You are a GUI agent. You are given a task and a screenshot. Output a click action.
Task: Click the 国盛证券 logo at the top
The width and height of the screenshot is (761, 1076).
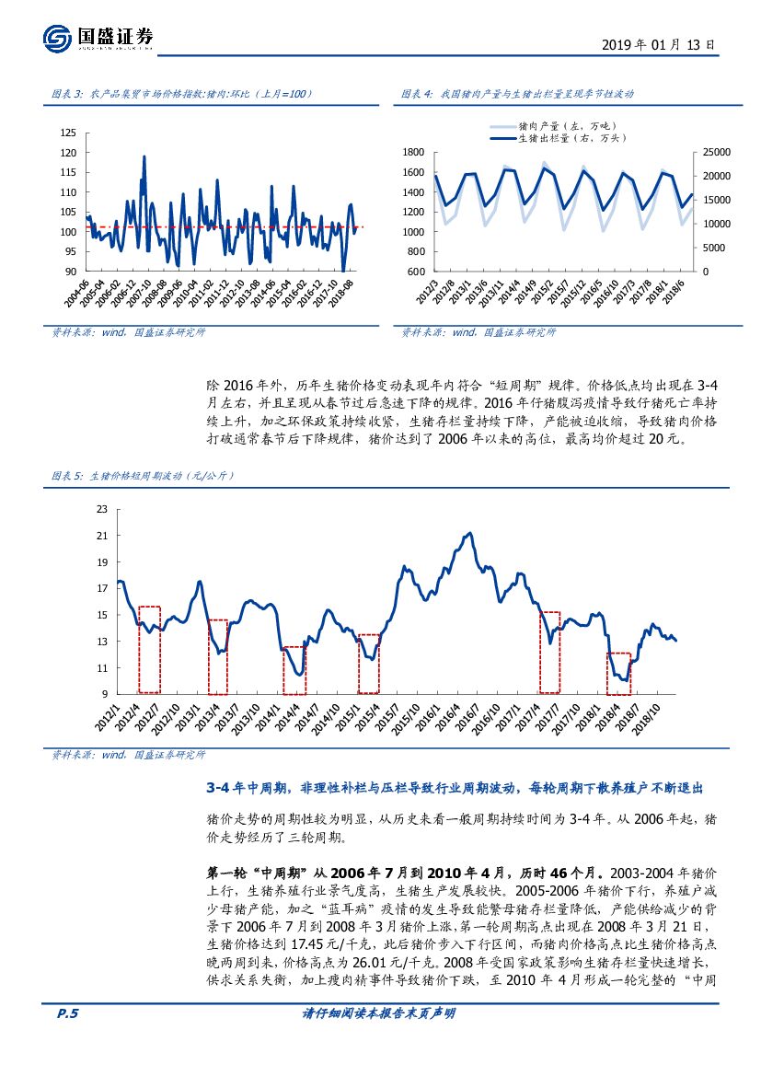pyautogui.click(x=98, y=37)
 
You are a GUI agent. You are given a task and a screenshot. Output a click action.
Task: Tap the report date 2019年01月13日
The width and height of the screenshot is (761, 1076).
pyautogui.click(x=657, y=44)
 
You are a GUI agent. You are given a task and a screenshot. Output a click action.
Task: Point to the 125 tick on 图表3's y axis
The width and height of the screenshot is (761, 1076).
pyautogui.click(x=68, y=133)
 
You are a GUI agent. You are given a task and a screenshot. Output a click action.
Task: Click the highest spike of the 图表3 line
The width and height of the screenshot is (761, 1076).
pyautogui.click(x=144, y=156)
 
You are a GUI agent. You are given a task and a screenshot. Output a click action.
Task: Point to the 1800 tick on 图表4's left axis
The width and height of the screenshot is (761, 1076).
pyautogui.click(x=411, y=152)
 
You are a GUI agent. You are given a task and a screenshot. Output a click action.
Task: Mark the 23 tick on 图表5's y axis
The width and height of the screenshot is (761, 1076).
pyautogui.click(x=101, y=509)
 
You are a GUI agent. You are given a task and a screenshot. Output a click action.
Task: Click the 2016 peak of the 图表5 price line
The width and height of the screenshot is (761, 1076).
pyautogui.click(x=470, y=533)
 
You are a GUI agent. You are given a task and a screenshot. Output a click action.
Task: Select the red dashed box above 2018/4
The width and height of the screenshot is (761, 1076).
pyautogui.click(x=618, y=673)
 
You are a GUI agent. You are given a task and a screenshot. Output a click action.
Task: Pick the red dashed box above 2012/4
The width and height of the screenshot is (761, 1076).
pyautogui.click(x=149, y=649)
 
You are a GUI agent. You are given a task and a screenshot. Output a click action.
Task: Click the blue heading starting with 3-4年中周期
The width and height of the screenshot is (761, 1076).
pyautogui.click(x=454, y=788)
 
